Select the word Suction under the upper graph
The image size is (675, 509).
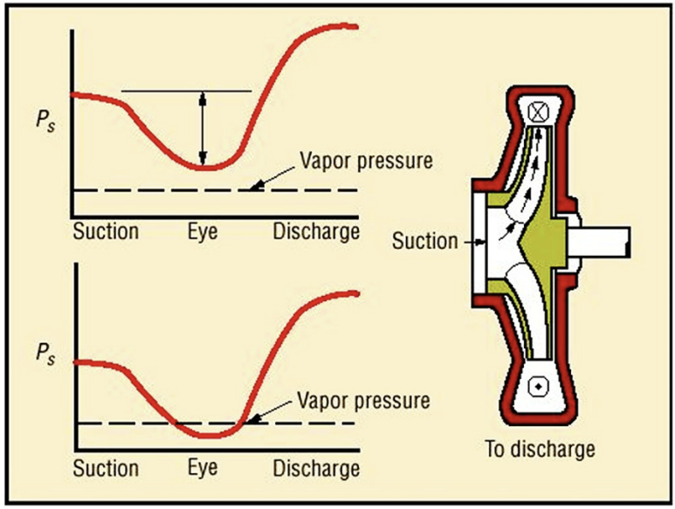[x=105, y=231]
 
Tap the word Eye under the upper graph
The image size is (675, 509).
[x=203, y=231]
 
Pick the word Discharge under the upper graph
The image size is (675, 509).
[x=316, y=231]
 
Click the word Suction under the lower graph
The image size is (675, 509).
[x=105, y=469]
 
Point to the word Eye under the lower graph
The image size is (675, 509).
[x=203, y=469]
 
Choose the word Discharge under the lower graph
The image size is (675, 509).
[x=316, y=469]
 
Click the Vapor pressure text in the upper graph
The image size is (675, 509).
[x=365, y=162]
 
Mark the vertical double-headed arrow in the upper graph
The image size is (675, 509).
[x=203, y=130]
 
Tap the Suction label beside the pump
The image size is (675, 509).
[x=425, y=238]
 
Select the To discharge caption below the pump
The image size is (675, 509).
[x=540, y=451]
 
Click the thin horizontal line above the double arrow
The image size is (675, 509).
[x=185, y=91]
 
